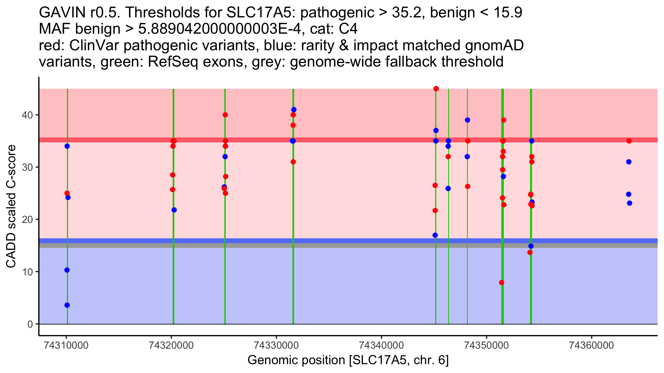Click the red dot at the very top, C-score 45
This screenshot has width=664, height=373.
(436, 89)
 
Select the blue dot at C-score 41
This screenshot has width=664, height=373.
(294, 110)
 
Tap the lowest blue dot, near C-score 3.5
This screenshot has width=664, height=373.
(67, 305)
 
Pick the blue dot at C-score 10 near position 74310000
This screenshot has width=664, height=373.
(67, 270)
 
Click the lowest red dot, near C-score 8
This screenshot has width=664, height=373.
(502, 282)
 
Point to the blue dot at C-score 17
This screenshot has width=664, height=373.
(435, 235)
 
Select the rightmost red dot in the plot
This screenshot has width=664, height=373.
(629, 141)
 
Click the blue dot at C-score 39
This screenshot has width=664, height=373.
(468, 120)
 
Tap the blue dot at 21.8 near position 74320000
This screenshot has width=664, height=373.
(174, 210)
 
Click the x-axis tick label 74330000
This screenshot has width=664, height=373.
(276, 345)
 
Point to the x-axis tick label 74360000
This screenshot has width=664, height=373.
(592, 345)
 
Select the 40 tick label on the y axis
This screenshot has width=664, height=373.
(27, 115)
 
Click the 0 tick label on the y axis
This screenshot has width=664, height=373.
(30, 324)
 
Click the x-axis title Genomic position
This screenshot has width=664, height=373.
(348, 360)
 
